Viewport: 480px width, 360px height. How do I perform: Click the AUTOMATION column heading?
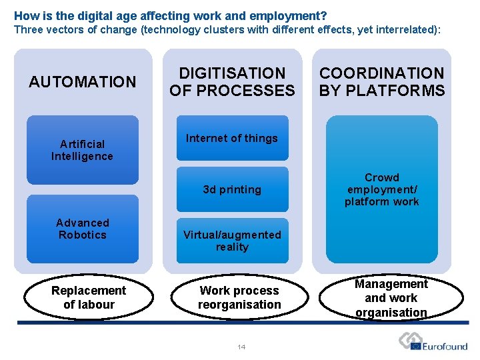[x=82, y=82]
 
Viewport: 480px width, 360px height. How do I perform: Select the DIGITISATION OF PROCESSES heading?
[x=232, y=82]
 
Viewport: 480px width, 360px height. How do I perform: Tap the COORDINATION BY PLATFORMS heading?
[x=381, y=82]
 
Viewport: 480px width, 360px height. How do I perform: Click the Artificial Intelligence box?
[x=82, y=150]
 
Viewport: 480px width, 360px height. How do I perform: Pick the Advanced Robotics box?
[x=82, y=229]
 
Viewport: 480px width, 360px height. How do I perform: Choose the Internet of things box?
[x=232, y=138]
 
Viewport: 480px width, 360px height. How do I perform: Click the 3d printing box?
[x=232, y=189]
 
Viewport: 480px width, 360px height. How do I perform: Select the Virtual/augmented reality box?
[x=232, y=241]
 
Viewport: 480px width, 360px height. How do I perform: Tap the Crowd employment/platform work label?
[x=381, y=189]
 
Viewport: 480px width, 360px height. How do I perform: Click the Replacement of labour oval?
[x=88, y=297]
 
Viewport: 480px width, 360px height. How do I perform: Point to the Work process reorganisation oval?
[x=239, y=297]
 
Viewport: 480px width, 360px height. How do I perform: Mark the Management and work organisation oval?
[x=391, y=298]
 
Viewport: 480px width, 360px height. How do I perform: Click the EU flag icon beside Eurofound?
[x=416, y=346]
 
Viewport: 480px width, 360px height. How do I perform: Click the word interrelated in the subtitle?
[x=405, y=29]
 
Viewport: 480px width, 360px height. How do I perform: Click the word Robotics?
[x=82, y=235]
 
